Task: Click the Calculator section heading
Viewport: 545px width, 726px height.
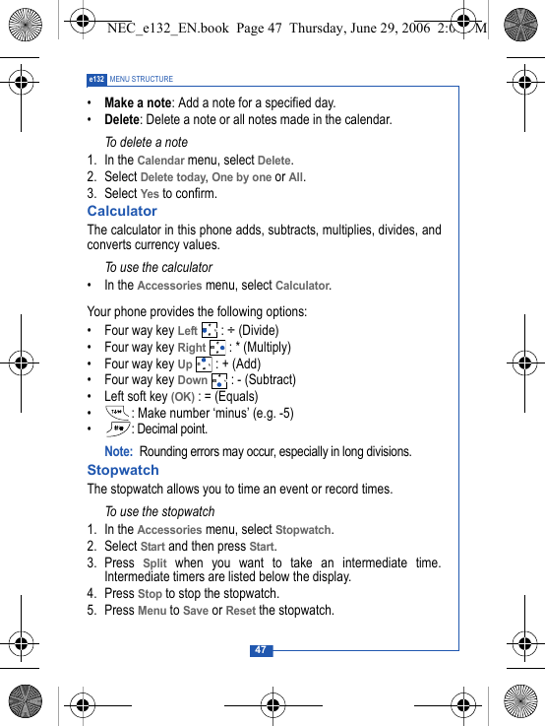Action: (122, 211)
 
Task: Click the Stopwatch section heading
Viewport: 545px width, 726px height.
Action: (123, 470)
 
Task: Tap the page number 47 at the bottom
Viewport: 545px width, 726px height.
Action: (260, 650)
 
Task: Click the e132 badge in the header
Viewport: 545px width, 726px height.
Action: (96, 79)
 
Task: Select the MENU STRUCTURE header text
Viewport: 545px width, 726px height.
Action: (142, 79)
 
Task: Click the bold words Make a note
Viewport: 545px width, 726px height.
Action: (137, 102)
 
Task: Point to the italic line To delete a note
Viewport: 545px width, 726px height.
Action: (146, 142)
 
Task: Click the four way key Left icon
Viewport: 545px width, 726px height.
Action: (209, 331)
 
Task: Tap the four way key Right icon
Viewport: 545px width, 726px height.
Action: (217, 348)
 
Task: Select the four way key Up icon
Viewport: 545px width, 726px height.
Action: (204, 364)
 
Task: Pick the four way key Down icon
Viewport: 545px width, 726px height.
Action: (219, 380)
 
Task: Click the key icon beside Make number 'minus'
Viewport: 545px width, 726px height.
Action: (118, 413)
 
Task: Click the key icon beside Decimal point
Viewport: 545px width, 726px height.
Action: (118, 429)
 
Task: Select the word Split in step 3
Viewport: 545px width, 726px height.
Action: (154, 563)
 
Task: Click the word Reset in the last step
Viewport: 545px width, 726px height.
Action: (240, 611)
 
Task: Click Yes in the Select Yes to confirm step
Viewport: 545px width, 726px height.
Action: (150, 194)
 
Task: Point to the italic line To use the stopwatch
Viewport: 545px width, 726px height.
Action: (159, 511)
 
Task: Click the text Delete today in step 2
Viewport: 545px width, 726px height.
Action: (173, 177)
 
